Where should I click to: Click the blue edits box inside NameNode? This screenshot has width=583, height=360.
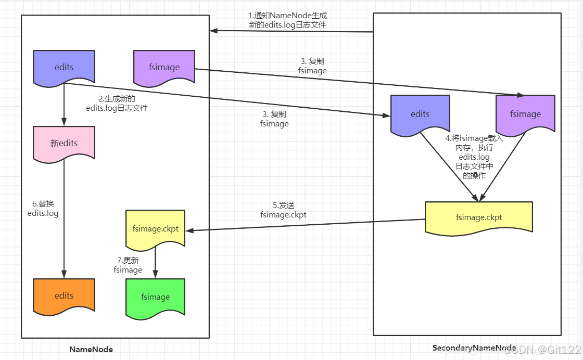pos(64,68)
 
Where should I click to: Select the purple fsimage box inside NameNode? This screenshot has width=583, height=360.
pos(164,68)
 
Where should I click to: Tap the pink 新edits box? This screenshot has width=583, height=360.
pos(64,144)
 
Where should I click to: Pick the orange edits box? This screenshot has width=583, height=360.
pos(64,297)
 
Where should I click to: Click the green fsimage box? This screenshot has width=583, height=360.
pos(156,298)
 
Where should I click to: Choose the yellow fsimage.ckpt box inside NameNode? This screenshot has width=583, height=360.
pos(156,229)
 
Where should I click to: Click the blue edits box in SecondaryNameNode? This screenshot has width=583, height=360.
pos(420,115)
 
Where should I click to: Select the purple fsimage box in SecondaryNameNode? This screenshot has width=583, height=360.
pos(525,115)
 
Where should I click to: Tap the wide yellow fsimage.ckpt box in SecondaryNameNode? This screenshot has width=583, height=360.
pos(479,218)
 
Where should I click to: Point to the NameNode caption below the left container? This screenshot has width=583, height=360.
pos(91,349)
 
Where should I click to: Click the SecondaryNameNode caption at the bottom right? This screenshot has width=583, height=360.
pos(474,348)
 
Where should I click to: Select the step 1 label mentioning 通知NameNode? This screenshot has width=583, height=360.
pos(287,20)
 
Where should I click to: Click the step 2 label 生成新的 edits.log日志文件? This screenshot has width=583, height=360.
pos(117,104)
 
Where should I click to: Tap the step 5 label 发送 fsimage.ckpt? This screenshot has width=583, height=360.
pos(283,210)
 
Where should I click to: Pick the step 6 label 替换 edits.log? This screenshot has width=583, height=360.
pos(43,209)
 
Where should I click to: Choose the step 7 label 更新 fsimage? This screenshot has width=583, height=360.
pos(128,265)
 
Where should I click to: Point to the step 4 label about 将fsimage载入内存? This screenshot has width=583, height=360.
pos(474,157)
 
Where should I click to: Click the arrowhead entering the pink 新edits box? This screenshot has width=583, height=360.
pos(64,122)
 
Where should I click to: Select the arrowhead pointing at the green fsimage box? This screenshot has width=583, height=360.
pos(156,274)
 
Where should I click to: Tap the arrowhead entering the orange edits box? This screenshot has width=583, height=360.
pos(64,274)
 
